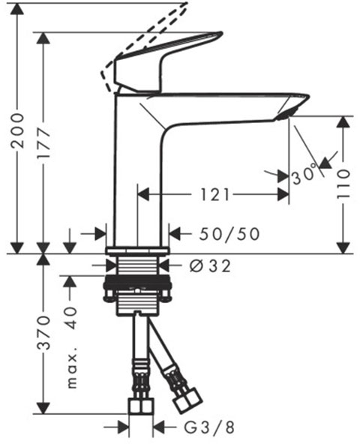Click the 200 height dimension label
(x=17, y=130)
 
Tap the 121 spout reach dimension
(x=214, y=195)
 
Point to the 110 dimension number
(x=343, y=184)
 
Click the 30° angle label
(x=304, y=174)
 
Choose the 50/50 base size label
(x=229, y=234)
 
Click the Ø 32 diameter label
(x=210, y=266)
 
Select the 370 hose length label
(x=44, y=333)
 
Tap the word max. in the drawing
(x=72, y=371)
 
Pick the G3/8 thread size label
(x=209, y=427)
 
